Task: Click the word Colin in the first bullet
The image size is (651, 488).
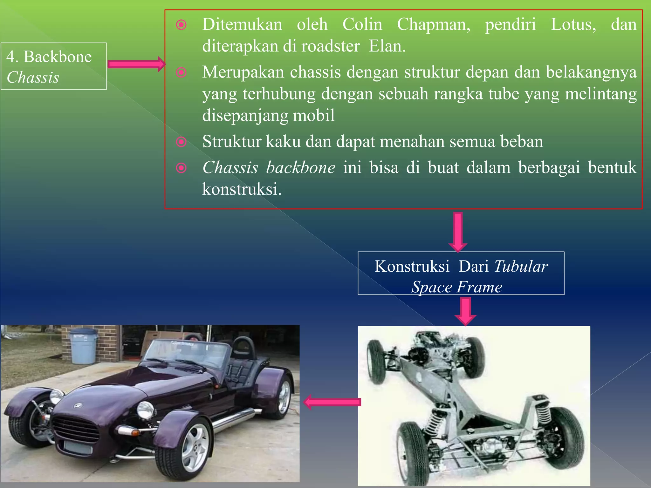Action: click(x=362, y=24)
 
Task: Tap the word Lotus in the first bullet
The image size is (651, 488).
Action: click(x=573, y=24)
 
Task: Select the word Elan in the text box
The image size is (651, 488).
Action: click(x=387, y=46)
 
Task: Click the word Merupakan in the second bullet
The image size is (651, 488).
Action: click(x=243, y=72)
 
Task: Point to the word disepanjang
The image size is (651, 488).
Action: click(x=268, y=116)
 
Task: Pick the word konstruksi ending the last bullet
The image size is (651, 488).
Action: click(x=242, y=190)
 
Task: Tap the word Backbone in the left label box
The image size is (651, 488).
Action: click(x=58, y=57)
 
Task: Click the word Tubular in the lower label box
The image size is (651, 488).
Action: click(x=521, y=267)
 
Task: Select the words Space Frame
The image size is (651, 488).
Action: click(x=457, y=287)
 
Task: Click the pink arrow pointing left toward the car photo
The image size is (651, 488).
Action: click(x=332, y=402)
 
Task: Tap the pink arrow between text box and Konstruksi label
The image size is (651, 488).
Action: click(x=458, y=232)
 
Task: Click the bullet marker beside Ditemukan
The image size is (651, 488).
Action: click(x=181, y=25)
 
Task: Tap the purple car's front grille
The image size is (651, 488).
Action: click(x=76, y=429)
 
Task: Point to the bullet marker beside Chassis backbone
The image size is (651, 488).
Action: click(x=181, y=168)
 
